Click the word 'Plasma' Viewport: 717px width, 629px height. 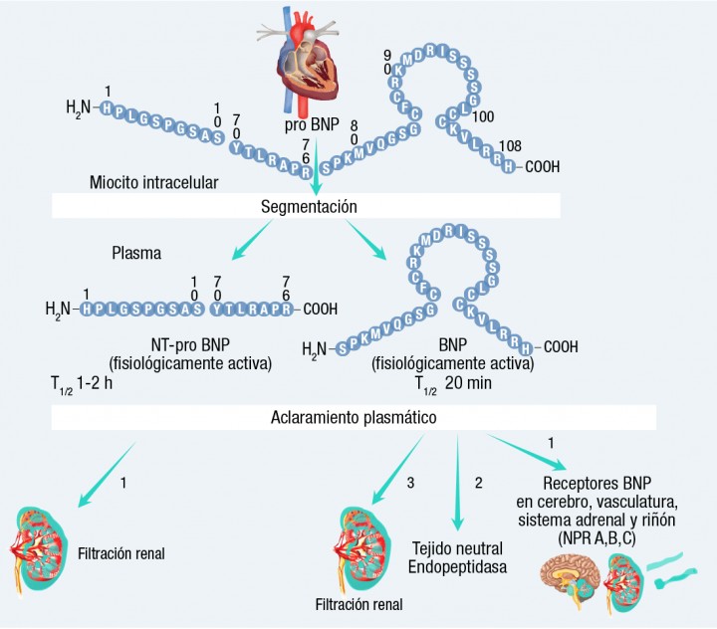pyautogui.click(x=137, y=252)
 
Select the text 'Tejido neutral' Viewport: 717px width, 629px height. pyautogui.click(x=457, y=548)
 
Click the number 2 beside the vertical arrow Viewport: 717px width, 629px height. pyautogui.click(x=478, y=484)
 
